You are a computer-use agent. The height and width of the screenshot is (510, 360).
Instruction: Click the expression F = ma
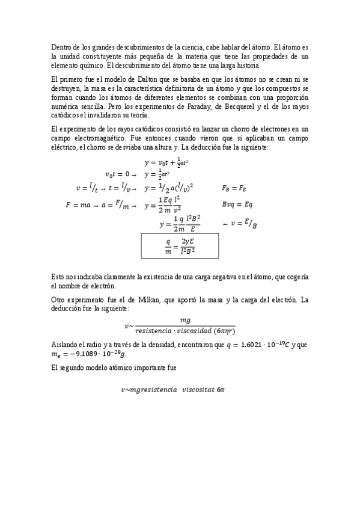79,205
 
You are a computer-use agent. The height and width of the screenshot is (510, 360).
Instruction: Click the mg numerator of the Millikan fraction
186,321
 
